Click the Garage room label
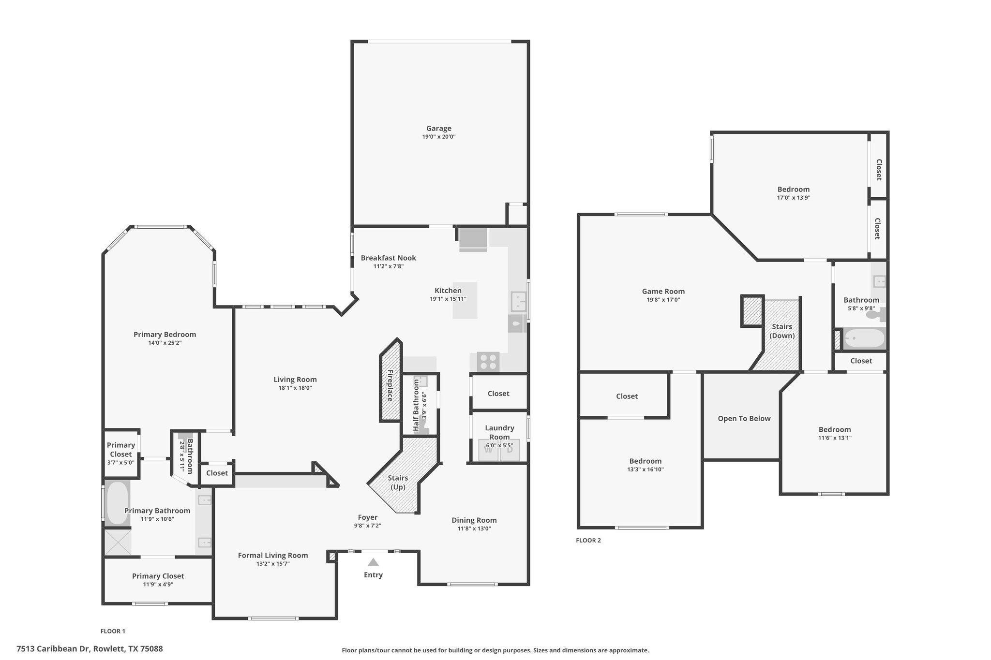point(439,128)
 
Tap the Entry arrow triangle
point(373,562)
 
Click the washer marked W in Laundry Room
point(488,450)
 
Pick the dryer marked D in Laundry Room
point(510,450)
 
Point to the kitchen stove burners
point(488,362)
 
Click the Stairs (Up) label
point(398,483)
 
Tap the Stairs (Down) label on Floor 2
point(782,331)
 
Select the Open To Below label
point(744,419)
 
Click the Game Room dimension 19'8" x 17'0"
point(663,300)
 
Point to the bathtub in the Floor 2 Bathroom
point(864,338)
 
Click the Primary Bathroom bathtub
point(117,503)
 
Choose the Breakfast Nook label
point(389,258)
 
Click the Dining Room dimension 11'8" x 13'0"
point(474,528)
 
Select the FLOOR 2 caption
point(588,541)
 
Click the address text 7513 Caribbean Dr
point(54,649)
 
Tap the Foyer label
point(368,517)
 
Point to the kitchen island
point(465,301)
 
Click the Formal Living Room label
point(273,556)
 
